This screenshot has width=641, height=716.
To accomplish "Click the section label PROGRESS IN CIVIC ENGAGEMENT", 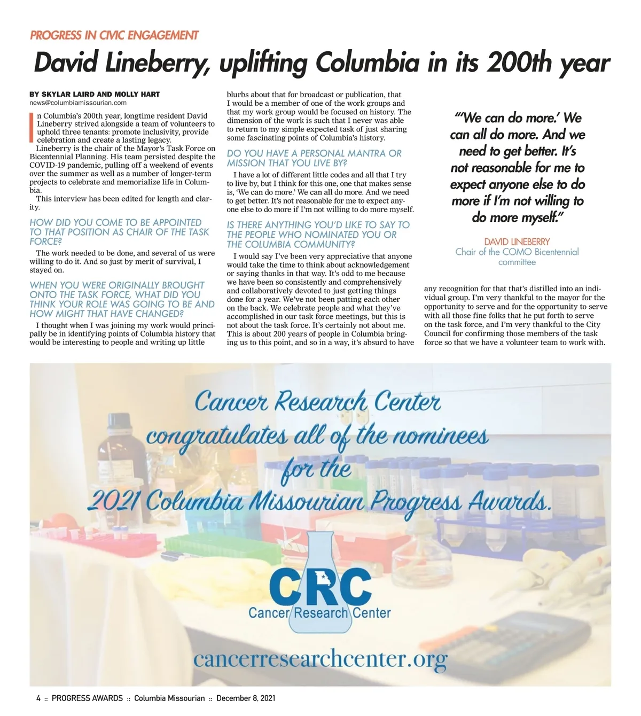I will [114, 35].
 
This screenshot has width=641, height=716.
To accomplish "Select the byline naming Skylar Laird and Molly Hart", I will [95, 94].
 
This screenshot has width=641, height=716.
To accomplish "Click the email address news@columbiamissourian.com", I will [78, 103].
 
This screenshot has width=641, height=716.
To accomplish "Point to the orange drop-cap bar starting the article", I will [32, 128].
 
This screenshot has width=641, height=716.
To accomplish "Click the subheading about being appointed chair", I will [119, 232].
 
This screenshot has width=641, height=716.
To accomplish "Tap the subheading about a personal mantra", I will [314, 158].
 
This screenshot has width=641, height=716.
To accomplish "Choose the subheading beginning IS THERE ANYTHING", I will [318, 235].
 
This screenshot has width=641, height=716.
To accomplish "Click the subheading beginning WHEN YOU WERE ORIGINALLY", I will [122, 299].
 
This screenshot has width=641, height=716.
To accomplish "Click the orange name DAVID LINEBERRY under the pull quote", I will [517, 242].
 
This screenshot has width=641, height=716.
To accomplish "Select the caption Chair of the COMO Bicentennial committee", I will [517, 256].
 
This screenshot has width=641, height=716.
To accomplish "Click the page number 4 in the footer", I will [38, 698].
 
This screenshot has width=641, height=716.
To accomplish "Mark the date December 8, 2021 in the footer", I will [246, 698].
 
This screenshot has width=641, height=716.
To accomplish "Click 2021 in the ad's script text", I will [113, 501].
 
